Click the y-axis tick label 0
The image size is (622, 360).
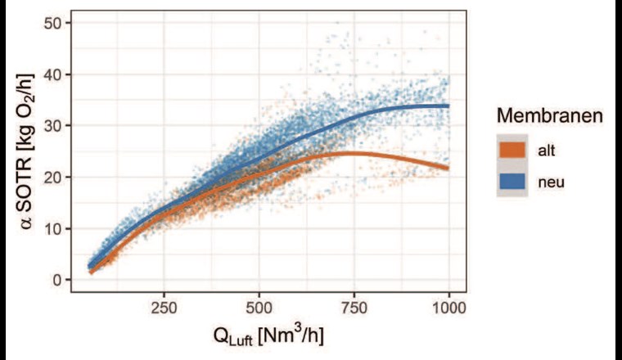pos(55,280)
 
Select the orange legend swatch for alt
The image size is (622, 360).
pos(512,150)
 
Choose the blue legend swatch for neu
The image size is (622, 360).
pos(512,182)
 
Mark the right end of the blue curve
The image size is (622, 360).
pos(448,106)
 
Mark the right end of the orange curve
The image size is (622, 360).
pos(448,169)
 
